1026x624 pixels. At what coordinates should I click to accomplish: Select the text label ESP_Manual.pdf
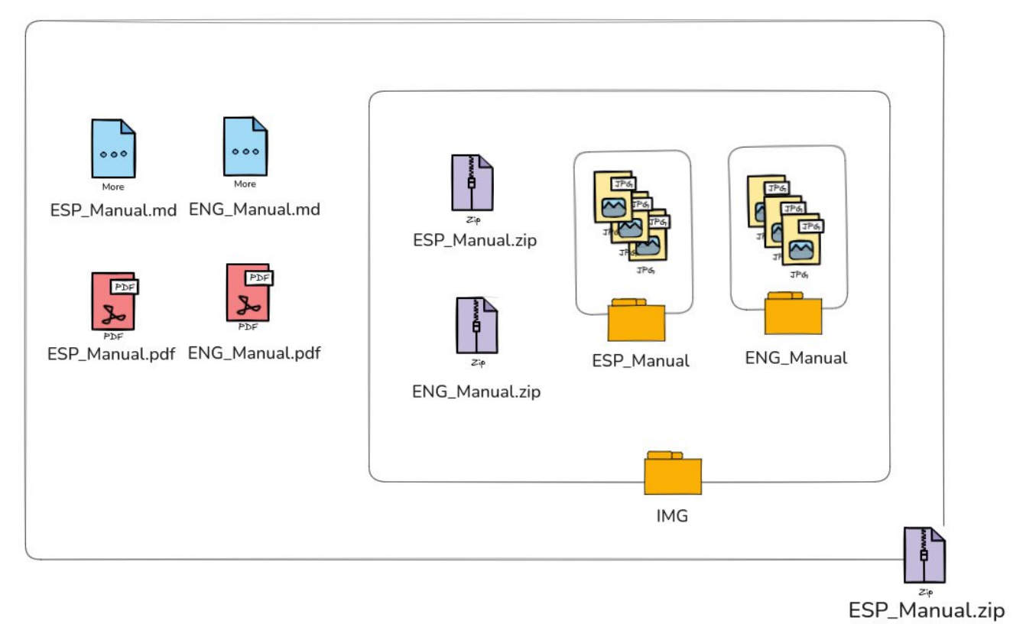pyautogui.click(x=112, y=354)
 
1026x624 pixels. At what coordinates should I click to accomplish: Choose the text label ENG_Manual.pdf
pyautogui.click(x=254, y=353)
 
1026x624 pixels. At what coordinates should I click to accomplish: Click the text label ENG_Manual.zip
pyautogui.click(x=476, y=392)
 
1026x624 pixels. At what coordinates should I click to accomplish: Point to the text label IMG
pyautogui.click(x=673, y=516)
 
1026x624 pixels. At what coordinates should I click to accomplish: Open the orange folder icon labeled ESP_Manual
pyautogui.click(x=636, y=320)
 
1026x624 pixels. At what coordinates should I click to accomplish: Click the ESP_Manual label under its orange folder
pyautogui.click(x=641, y=360)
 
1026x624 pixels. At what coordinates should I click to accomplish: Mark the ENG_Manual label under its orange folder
pyautogui.click(x=796, y=357)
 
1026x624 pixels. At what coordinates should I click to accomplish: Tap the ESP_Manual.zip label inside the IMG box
pyautogui.click(x=475, y=240)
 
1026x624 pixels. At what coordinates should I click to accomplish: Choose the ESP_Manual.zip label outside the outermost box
pyautogui.click(x=926, y=610)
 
